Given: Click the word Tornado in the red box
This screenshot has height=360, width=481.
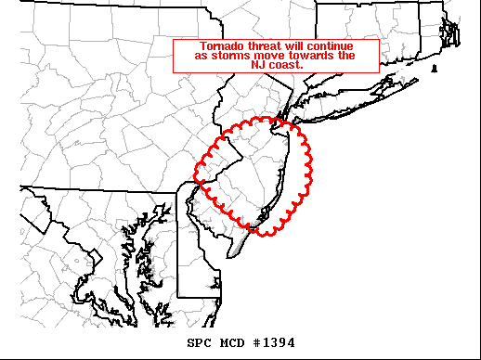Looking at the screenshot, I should point(222,46).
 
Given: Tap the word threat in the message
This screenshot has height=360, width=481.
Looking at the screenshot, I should point(264,46).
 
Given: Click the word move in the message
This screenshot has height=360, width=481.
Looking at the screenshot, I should point(265,56).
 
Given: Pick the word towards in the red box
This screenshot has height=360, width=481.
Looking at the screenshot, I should point(306,56).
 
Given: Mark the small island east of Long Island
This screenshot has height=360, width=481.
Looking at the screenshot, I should point(435,69).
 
